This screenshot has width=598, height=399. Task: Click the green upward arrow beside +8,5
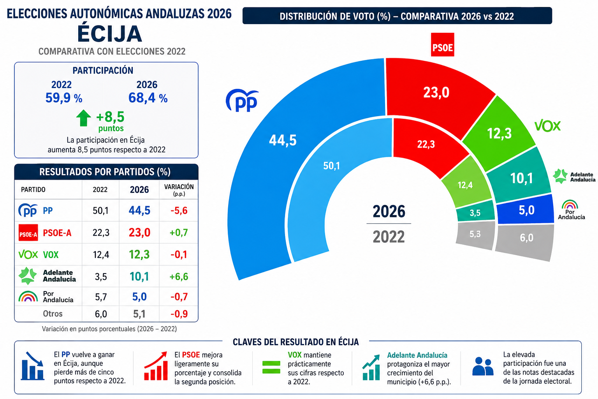[84, 118]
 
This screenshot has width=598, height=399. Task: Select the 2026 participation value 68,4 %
[148, 98]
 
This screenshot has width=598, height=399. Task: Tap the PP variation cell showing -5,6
[179, 210]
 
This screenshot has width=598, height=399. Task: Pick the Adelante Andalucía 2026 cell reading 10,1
[139, 276]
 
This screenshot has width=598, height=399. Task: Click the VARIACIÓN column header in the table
[179, 189]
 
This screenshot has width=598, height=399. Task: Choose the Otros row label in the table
[53, 314]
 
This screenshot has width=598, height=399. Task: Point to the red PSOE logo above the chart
[442, 45]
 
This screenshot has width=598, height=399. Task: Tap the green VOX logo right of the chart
[547, 126]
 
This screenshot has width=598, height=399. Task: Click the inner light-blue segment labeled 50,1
[331, 171]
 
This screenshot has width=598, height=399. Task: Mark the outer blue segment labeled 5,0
[525, 210]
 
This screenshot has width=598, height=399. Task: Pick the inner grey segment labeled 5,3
[475, 235]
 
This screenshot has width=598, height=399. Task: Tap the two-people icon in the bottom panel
[483, 366]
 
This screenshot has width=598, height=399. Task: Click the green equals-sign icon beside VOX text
[271, 367]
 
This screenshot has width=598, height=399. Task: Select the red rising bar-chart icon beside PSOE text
[156, 366]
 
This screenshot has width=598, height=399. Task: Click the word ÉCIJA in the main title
[110, 34]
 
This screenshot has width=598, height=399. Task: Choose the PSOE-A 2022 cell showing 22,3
[101, 233]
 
